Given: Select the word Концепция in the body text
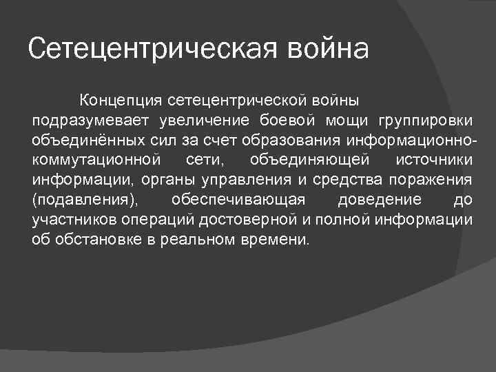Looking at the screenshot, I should point(121,102).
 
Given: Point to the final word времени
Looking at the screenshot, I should point(280,240).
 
